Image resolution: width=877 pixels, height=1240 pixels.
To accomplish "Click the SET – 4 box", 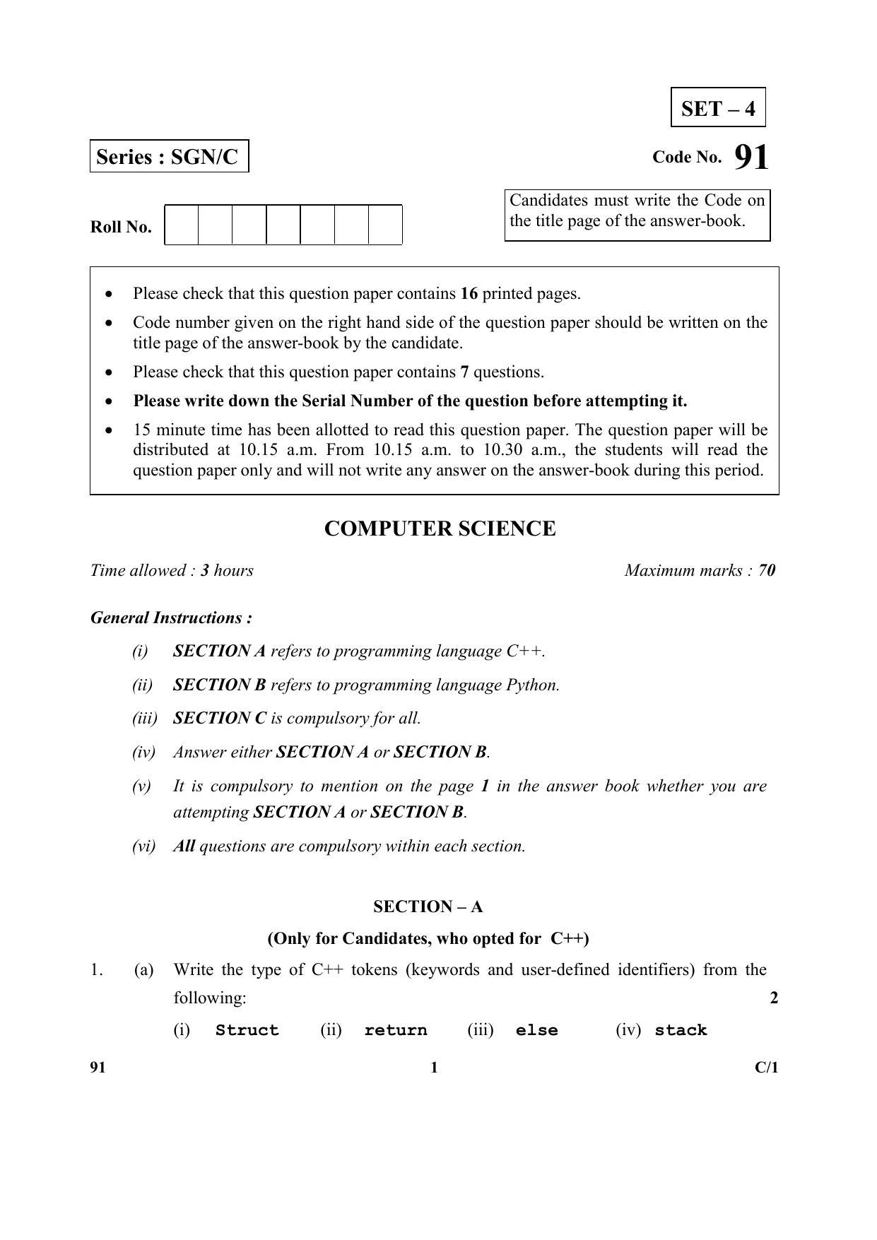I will point(717,108).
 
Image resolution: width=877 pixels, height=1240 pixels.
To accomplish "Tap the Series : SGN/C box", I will point(169,156).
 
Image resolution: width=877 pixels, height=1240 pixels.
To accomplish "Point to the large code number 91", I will point(751,157).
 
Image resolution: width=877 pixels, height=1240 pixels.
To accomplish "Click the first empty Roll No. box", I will point(182,225).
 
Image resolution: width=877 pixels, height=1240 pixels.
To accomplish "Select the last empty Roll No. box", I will point(385,225).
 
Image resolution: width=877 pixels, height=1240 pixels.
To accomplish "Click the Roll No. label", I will point(121,228).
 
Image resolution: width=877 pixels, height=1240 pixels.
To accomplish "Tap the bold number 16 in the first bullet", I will point(469,293).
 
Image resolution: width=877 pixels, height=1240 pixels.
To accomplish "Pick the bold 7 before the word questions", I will point(464,372).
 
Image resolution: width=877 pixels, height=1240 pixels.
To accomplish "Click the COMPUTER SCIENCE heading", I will point(440,529).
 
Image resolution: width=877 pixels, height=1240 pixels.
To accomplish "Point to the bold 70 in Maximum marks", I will point(767,570).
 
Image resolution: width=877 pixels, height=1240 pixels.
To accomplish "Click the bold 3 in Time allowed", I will point(204,570).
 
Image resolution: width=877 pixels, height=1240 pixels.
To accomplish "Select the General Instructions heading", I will point(172,618).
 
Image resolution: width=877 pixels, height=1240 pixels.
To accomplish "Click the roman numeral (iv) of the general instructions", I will point(143,752).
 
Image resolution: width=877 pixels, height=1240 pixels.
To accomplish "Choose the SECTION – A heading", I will point(428,907).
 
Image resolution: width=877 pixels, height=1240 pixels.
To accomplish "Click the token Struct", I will point(247,1030).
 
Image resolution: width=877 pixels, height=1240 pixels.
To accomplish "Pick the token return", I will point(396,1030).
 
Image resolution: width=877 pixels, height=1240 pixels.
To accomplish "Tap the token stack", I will point(681,1030).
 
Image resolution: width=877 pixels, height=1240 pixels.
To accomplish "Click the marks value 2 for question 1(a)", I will point(774,998).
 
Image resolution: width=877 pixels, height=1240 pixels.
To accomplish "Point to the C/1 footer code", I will point(766,1068).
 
